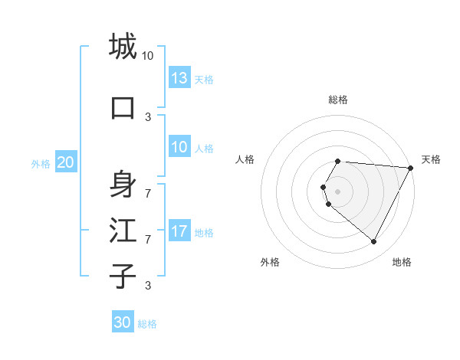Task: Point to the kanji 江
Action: tap(123, 230)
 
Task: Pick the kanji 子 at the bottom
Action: tap(123, 276)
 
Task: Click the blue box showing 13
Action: tap(179, 78)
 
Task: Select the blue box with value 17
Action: tap(179, 231)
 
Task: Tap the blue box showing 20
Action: tap(66, 162)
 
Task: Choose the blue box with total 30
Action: tap(123, 322)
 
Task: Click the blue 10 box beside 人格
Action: tap(179, 147)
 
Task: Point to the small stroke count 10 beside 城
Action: tap(147, 56)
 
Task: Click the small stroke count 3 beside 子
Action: tap(147, 286)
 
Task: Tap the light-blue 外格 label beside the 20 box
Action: tap(40, 163)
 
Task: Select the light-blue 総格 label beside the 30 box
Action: tap(147, 324)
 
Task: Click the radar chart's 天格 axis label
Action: tap(431, 159)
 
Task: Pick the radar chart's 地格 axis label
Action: tap(402, 262)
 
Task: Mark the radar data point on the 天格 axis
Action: tap(411, 168)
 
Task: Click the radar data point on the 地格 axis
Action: tap(374, 242)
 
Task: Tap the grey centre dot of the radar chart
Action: tap(337, 191)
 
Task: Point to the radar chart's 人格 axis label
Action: tap(245, 159)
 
